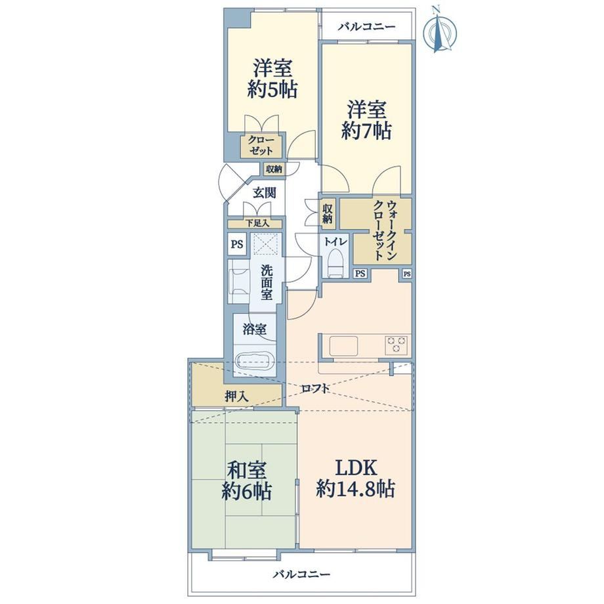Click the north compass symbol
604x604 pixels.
pyautogui.click(x=440, y=30)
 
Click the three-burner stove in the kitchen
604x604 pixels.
pyautogui.click(x=397, y=345)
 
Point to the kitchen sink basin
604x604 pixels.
pyautogui.click(x=343, y=345)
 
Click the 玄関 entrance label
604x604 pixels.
pyautogui.click(x=264, y=192)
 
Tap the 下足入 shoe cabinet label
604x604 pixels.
pyautogui.click(x=258, y=223)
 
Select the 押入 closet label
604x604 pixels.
pyautogui.click(x=236, y=396)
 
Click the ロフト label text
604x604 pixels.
pyautogui.click(x=315, y=388)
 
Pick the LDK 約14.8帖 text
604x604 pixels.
pyautogui.click(x=356, y=478)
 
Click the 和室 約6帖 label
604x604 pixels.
pyautogui.click(x=247, y=480)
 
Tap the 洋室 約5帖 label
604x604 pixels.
pyautogui.click(x=272, y=79)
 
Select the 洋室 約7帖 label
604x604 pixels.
pyautogui.click(x=366, y=119)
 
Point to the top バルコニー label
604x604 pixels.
pyautogui.click(x=367, y=26)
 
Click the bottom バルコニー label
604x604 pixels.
pyautogui.click(x=301, y=574)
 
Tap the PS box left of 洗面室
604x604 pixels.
pyautogui.click(x=237, y=244)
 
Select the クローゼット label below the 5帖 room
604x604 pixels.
pyautogui.click(x=261, y=145)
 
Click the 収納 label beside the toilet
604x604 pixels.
pyautogui.click(x=328, y=214)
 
